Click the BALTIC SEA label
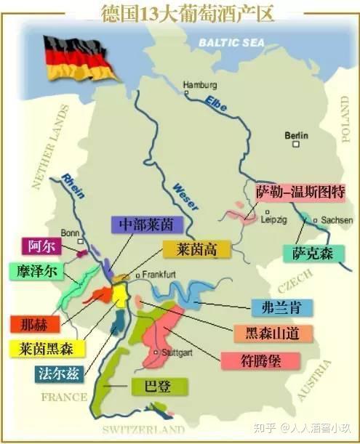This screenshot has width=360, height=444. pyautogui.click(x=235, y=43)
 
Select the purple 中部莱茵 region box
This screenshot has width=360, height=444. pyautogui.click(x=142, y=225)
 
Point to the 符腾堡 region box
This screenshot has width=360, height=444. pyautogui.click(x=251, y=360)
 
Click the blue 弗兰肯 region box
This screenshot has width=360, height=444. pyautogui.click(x=281, y=307)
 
